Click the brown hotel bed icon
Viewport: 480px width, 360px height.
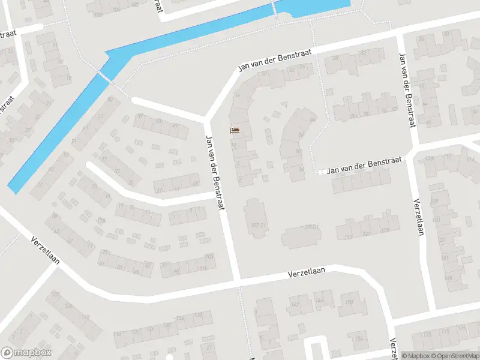coord(235,130)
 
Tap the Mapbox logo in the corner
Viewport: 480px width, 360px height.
coord(26,353)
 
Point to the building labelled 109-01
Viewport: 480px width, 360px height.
coord(310,227)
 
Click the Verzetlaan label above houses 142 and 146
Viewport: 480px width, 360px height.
coord(306,272)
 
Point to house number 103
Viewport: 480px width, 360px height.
coord(209,257)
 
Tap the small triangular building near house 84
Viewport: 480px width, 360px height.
coord(284,104)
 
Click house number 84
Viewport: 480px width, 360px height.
coord(313,119)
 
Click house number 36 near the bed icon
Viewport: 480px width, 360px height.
coord(237,96)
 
